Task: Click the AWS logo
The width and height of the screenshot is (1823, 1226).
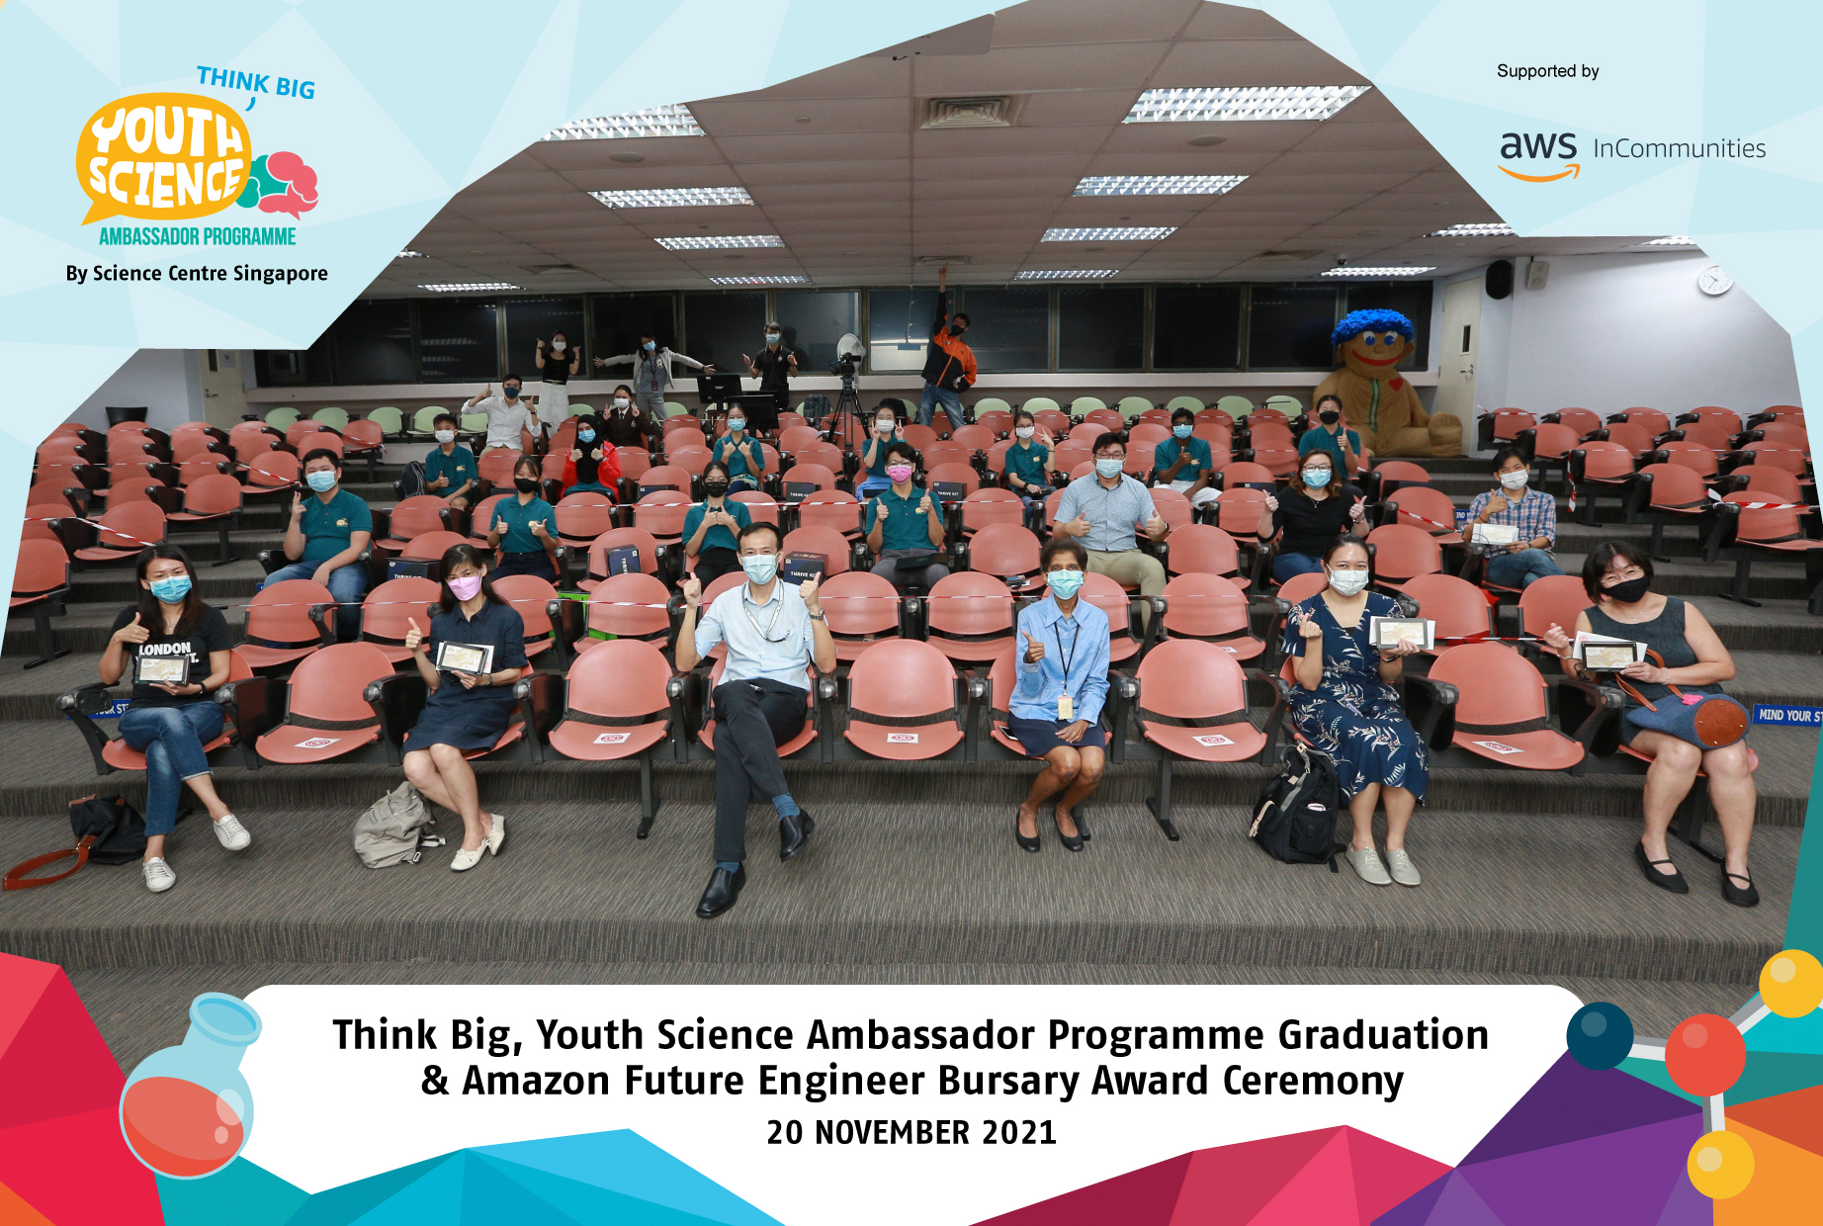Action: coord(1538,153)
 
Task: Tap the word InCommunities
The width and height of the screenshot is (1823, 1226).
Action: coord(1679,149)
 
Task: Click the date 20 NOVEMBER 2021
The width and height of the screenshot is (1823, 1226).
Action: coord(911,1132)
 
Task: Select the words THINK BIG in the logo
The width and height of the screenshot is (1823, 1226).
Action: coord(256,83)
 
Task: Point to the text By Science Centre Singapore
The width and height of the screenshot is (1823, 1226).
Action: coord(197,274)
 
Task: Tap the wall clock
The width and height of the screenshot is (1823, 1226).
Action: coord(1714,281)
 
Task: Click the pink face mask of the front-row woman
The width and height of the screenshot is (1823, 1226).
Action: coord(464,588)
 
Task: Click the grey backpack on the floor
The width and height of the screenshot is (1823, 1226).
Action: coord(394,825)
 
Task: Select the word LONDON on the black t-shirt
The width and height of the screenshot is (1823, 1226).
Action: coord(164,649)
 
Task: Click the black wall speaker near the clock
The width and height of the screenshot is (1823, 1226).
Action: coord(1500,279)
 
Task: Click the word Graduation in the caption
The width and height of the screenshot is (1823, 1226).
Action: coord(1383,1035)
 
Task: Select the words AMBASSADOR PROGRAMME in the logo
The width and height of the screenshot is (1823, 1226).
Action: coord(197,236)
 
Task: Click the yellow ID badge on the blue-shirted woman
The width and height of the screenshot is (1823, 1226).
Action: coord(1064,707)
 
